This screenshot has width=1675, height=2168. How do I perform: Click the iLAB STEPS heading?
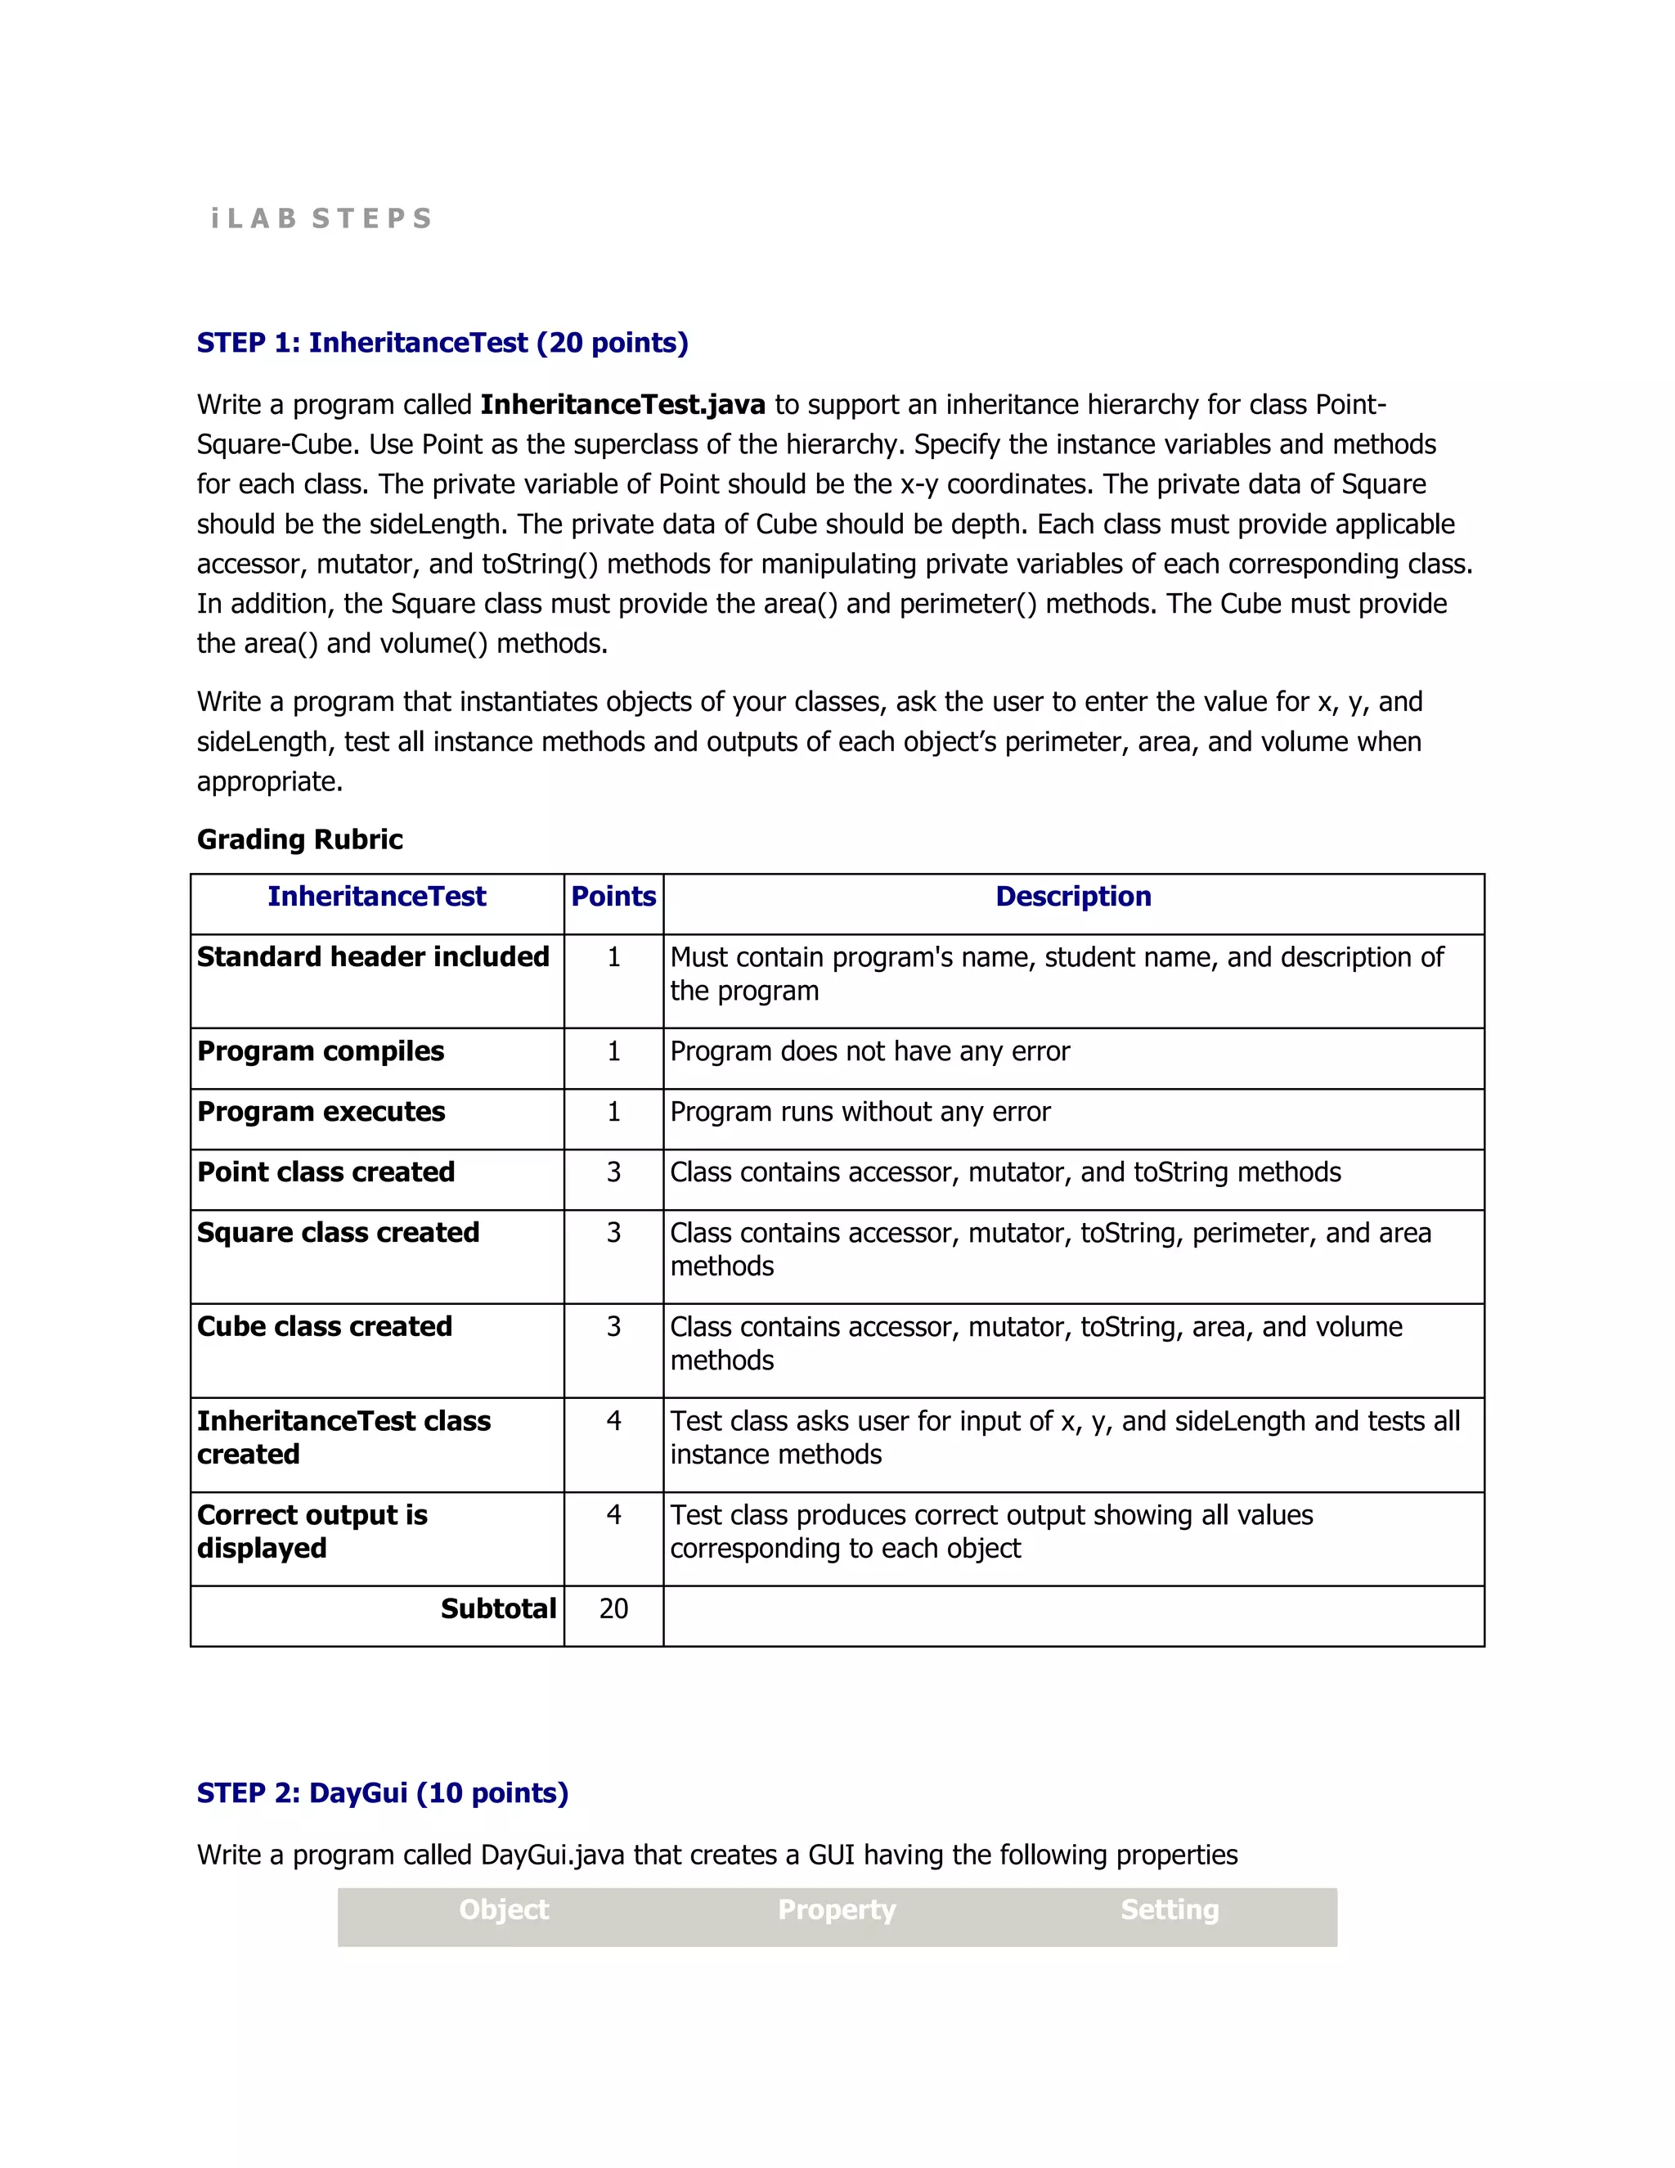tap(321, 218)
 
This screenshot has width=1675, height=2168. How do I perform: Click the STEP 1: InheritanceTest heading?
tap(442, 343)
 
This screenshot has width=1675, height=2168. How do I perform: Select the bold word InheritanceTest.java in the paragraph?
tap(622, 405)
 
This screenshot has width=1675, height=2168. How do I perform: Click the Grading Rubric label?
tap(299, 840)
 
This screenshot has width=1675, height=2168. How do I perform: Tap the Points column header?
tap(613, 897)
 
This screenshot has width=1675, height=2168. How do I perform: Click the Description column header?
tap(1073, 897)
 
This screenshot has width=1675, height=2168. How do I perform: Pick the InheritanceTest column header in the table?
tap(376, 897)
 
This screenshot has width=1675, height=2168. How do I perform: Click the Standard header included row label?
tap(373, 957)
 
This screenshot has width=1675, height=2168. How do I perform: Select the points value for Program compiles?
tap(613, 1051)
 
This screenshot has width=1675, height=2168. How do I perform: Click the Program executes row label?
tap(321, 1112)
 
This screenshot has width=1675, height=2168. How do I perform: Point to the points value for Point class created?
tap(613, 1172)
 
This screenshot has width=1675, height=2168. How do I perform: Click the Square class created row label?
tap(338, 1233)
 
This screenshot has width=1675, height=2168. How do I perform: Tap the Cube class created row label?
tap(325, 1327)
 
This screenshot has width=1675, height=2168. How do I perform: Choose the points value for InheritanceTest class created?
tap(613, 1422)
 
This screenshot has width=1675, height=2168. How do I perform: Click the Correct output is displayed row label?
tap(312, 1531)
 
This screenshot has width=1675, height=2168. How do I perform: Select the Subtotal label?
tap(498, 1609)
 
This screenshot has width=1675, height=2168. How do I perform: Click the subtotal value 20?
tap(613, 1609)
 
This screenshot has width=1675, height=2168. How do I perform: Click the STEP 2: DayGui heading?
tap(382, 1792)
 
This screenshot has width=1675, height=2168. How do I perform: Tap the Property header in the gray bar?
tap(837, 1910)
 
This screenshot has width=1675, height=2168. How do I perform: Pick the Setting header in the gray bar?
tap(1169, 1910)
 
